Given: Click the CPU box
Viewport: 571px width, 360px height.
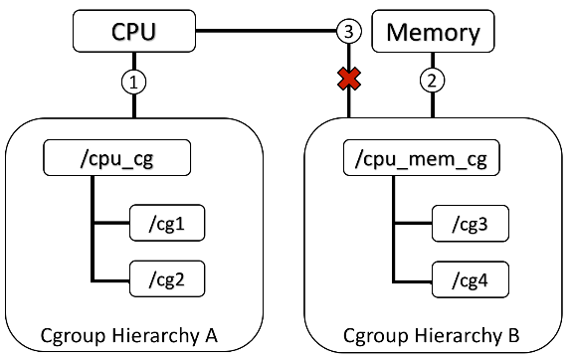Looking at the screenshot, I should click(x=132, y=31).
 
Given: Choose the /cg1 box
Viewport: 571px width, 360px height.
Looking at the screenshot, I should click(x=166, y=226).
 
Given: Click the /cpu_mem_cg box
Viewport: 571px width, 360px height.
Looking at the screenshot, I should click(x=407, y=158).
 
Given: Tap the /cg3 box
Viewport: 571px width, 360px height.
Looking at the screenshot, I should click(x=469, y=226).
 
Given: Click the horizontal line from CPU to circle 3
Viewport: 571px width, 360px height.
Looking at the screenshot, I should click(x=264, y=32).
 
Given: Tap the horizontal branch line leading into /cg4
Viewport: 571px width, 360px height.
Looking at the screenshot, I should click(x=414, y=273).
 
